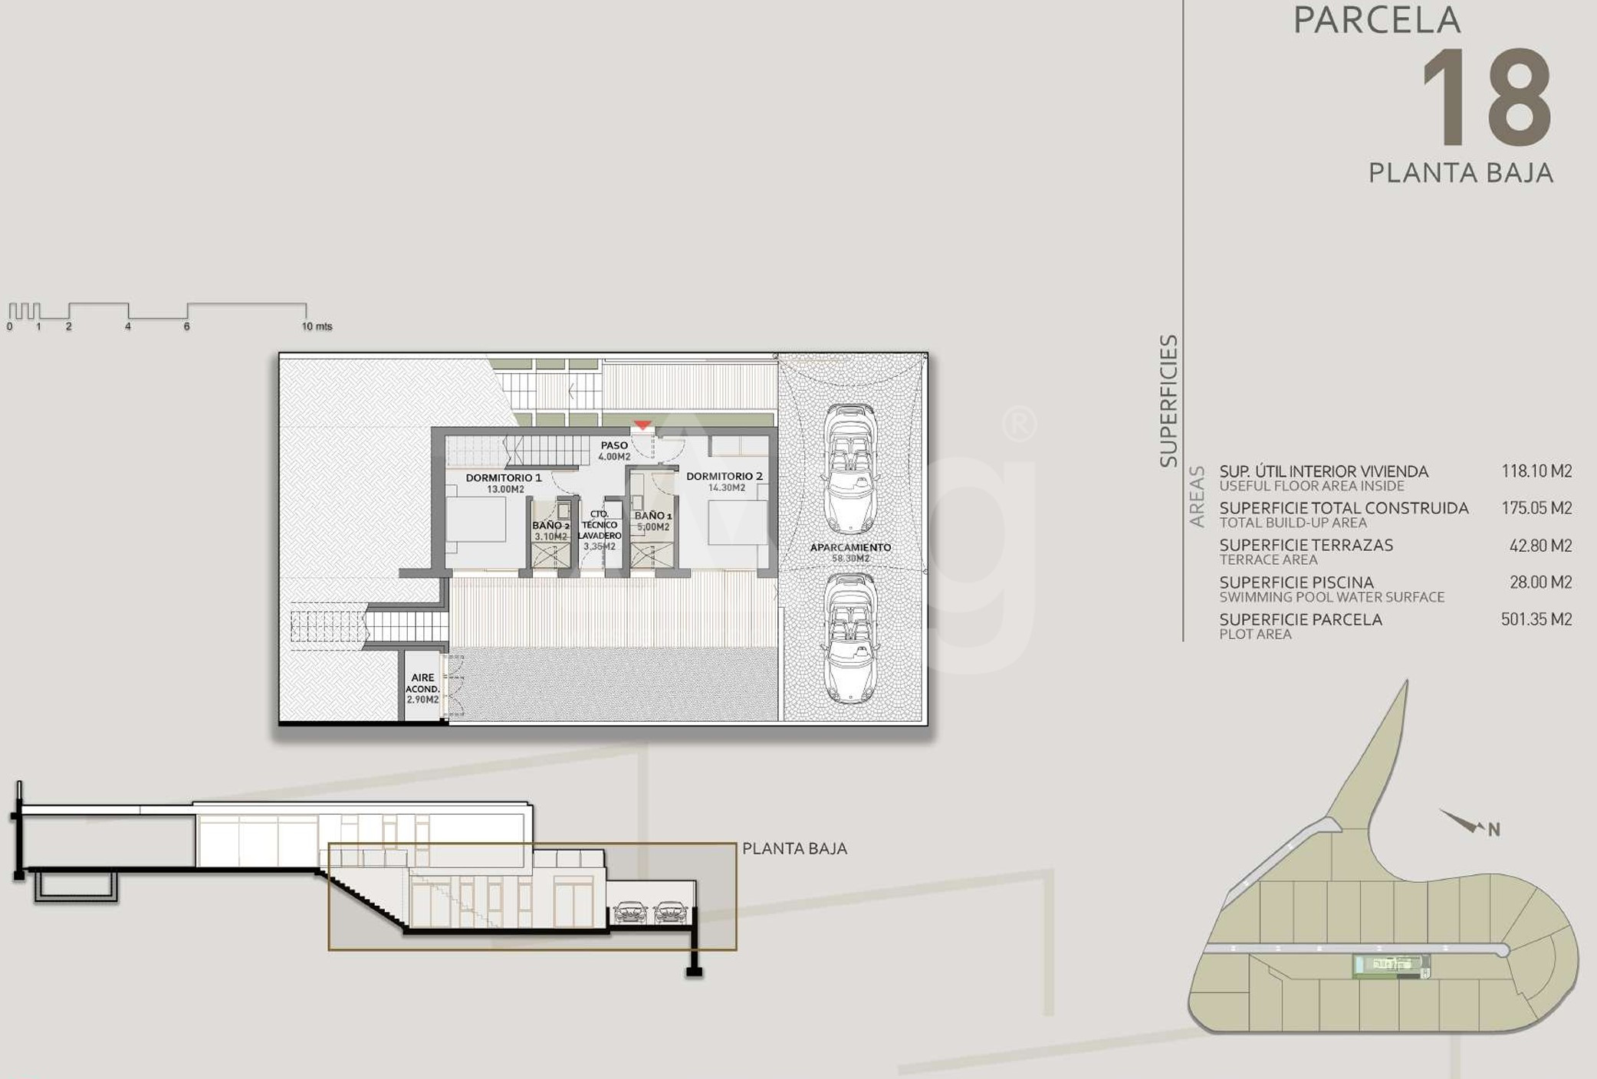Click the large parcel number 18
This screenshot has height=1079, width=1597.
click(x=1487, y=97)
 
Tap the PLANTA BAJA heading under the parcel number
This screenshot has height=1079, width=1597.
click(x=1461, y=172)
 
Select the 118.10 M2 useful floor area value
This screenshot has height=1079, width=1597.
click(x=1536, y=471)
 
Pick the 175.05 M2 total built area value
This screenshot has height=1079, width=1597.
click(x=1536, y=508)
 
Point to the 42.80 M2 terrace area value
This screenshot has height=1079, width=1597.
click(x=1540, y=546)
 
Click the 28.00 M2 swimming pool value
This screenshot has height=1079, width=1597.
click(x=1540, y=582)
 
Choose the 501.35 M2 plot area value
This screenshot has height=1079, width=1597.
click(x=1536, y=619)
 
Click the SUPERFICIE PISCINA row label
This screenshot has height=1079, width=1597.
click(x=1296, y=582)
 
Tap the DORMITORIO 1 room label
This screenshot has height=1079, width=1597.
click(x=504, y=477)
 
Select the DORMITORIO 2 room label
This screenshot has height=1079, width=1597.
click(x=725, y=476)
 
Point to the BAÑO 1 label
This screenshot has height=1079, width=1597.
click(x=653, y=516)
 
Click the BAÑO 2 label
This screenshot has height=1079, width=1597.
click(x=550, y=526)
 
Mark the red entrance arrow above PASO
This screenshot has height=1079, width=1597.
click(x=642, y=425)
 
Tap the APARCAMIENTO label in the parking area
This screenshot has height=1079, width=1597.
click(x=850, y=547)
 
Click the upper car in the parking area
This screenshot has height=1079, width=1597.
click(x=850, y=468)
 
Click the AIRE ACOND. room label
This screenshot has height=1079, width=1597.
click(x=422, y=683)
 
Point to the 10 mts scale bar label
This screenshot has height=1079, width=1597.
click(x=317, y=326)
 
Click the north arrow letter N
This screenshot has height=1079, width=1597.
click(x=1493, y=829)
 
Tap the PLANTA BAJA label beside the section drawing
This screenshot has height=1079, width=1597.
click(x=794, y=848)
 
